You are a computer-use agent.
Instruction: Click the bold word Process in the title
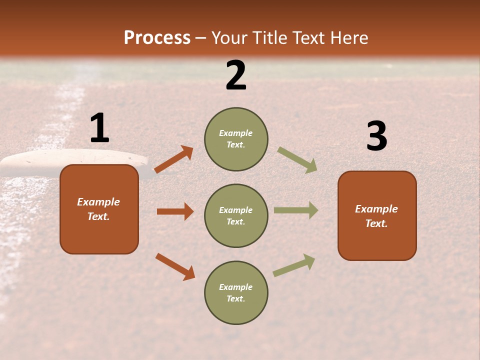pos(157,37)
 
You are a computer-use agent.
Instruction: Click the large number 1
pos(99,128)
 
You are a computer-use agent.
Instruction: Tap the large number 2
pos(236,75)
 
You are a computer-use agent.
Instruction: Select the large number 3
pos(376,136)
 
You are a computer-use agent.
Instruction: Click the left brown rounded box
pos(99,209)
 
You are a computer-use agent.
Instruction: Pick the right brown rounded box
pos(377,216)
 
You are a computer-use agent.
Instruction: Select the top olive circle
pos(236,139)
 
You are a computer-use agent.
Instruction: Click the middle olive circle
pos(236,215)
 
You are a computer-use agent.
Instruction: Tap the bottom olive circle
pos(236,292)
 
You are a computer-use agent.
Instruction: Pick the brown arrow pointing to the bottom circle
pos(175,266)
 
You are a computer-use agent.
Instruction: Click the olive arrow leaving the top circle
pos(297,160)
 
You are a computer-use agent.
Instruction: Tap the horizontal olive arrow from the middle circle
pos(295,210)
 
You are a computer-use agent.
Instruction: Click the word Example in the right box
pos(376,209)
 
